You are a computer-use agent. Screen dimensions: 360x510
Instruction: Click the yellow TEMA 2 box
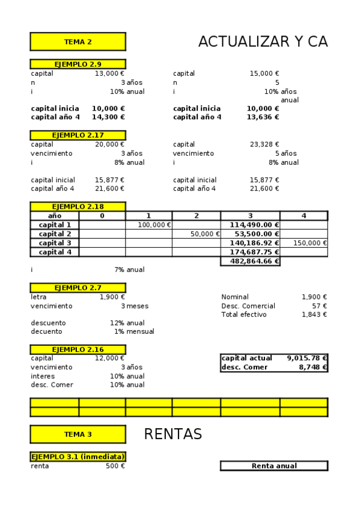(78, 41)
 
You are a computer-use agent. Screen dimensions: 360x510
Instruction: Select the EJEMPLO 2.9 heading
(78, 64)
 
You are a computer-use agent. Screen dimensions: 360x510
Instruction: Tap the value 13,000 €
(109, 73)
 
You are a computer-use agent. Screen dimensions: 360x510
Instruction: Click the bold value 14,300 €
(108, 117)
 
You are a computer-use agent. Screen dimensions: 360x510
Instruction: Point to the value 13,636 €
(263, 117)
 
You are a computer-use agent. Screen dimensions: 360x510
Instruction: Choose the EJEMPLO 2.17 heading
(78, 135)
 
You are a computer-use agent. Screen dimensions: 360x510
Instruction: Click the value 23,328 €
(264, 144)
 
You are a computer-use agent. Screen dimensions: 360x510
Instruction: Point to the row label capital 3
(55, 243)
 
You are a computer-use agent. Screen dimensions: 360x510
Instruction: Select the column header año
(55, 215)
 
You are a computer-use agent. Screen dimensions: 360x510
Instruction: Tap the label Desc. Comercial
(248, 306)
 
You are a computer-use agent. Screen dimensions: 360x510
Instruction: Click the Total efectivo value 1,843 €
(314, 315)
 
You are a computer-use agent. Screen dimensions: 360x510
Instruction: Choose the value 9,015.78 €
(307, 358)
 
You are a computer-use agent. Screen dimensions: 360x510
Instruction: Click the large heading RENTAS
(173, 434)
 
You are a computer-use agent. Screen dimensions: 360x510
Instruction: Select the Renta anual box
(274, 465)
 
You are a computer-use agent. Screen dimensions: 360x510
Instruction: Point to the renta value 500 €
(115, 465)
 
